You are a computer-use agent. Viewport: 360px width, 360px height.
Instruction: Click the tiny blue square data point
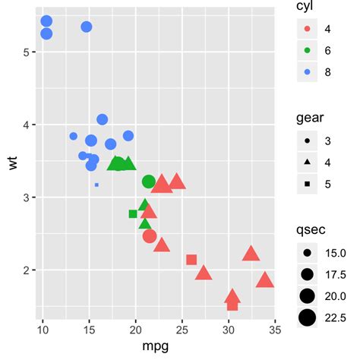click(x=96, y=185)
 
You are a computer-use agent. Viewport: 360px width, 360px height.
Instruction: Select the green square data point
click(x=134, y=214)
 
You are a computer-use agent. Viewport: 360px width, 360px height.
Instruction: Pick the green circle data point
click(x=149, y=182)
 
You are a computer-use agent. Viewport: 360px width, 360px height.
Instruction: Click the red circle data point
click(x=150, y=236)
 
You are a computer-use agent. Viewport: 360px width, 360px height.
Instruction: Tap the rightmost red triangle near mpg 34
click(x=265, y=281)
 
